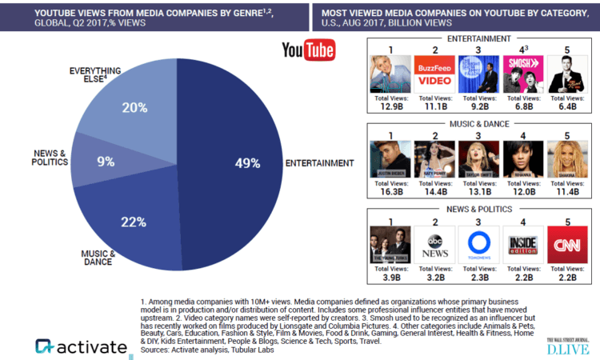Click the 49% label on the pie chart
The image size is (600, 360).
pyautogui.click(x=249, y=163)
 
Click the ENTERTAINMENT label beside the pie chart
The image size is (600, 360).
pyautogui.click(x=319, y=163)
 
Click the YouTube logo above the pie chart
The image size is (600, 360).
pyautogui.click(x=308, y=50)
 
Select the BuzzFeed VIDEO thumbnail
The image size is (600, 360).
pyautogui.click(x=434, y=74)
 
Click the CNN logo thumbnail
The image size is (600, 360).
pyautogui.click(x=567, y=245)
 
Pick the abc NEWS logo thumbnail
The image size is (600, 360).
pyautogui.click(x=434, y=245)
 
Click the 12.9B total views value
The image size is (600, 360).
pyautogui.click(x=390, y=108)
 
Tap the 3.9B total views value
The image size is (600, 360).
pyautogui.click(x=390, y=278)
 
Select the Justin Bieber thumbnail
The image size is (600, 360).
pyautogui.click(x=390, y=158)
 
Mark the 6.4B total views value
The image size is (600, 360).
pyautogui.click(x=567, y=108)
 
